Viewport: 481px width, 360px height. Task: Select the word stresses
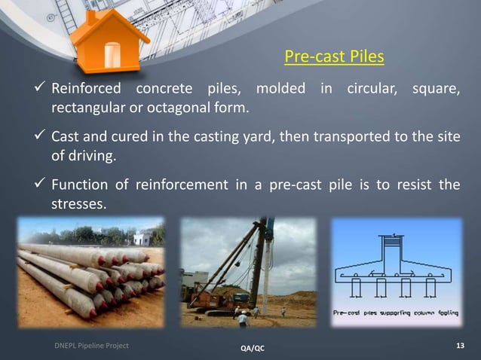click(78, 203)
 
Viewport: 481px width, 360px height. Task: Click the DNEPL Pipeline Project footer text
click(91, 345)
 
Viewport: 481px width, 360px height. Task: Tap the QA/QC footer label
click(252, 349)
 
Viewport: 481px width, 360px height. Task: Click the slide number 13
click(461, 346)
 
